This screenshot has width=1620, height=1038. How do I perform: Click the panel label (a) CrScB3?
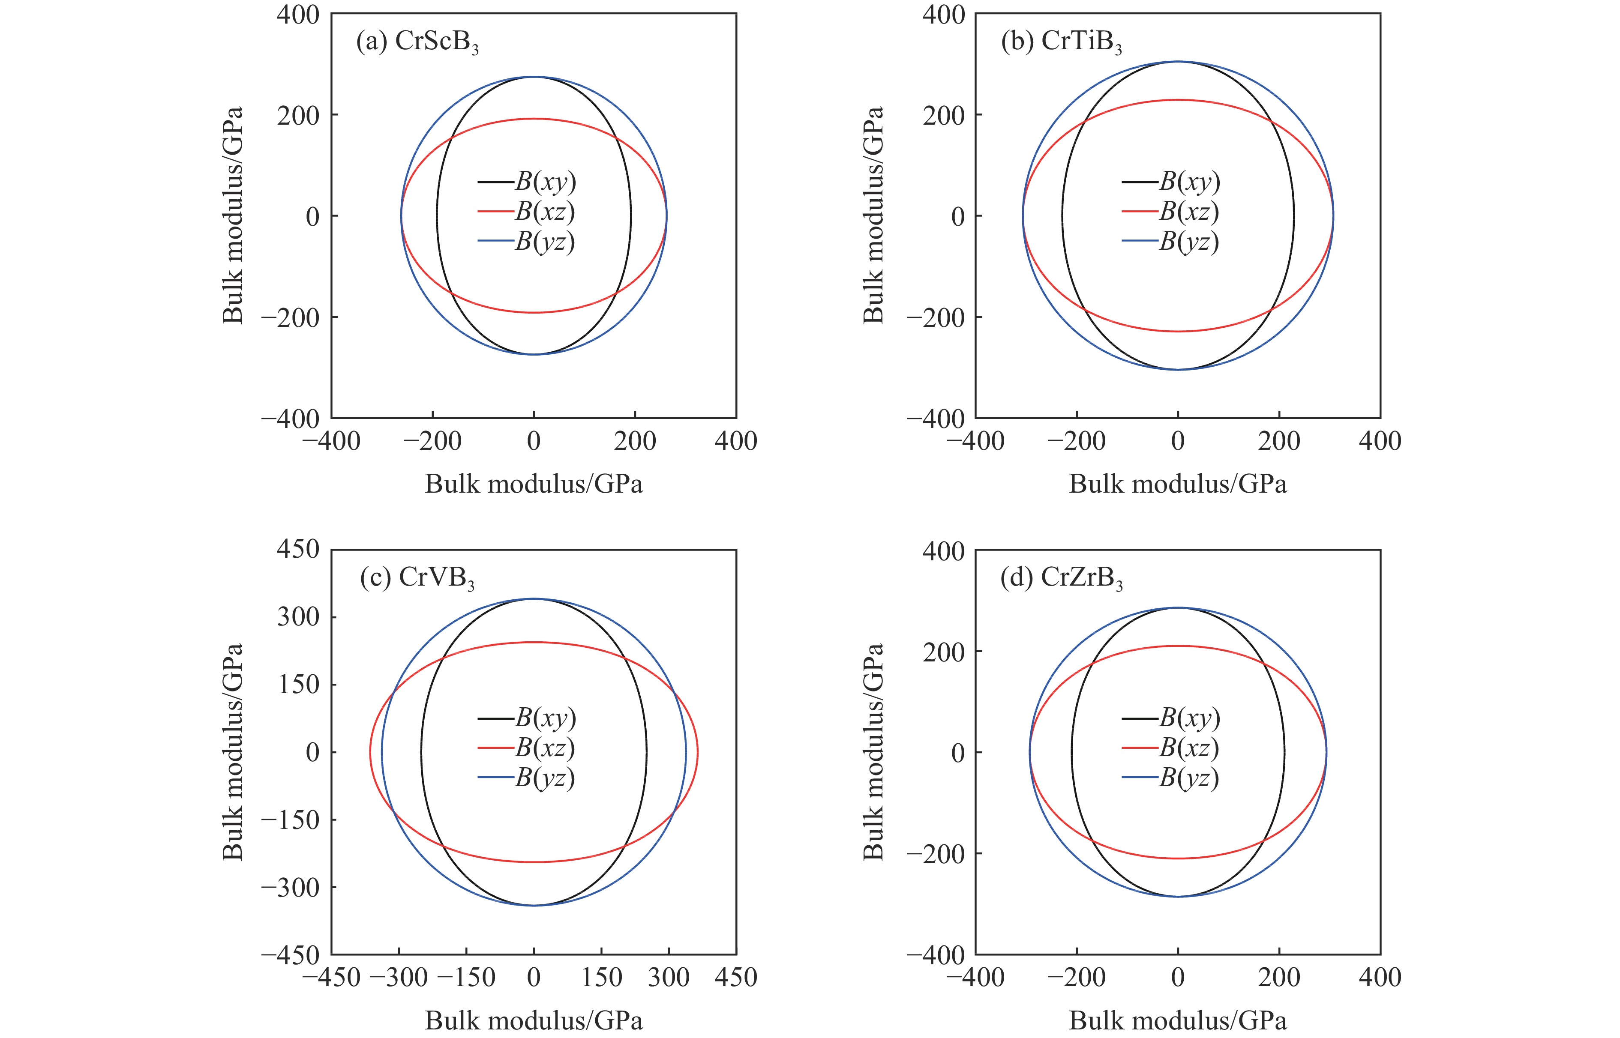[x=417, y=42]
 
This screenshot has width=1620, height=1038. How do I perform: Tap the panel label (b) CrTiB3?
[x=1061, y=42]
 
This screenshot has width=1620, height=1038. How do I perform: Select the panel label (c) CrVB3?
[x=417, y=578]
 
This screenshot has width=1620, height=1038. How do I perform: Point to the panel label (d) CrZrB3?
[x=1061, y=578]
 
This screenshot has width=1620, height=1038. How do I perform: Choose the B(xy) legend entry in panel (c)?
[x=527, y=718]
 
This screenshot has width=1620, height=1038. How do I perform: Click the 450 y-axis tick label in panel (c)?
[x=298, y=549]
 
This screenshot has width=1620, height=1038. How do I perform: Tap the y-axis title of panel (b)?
[x=873, y=215]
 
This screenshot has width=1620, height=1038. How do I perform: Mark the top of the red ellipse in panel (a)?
[x=534, y=119]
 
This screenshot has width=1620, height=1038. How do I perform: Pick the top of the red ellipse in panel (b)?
[x=1178, y=100]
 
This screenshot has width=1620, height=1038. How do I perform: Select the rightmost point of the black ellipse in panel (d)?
[x=1284, y=752]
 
